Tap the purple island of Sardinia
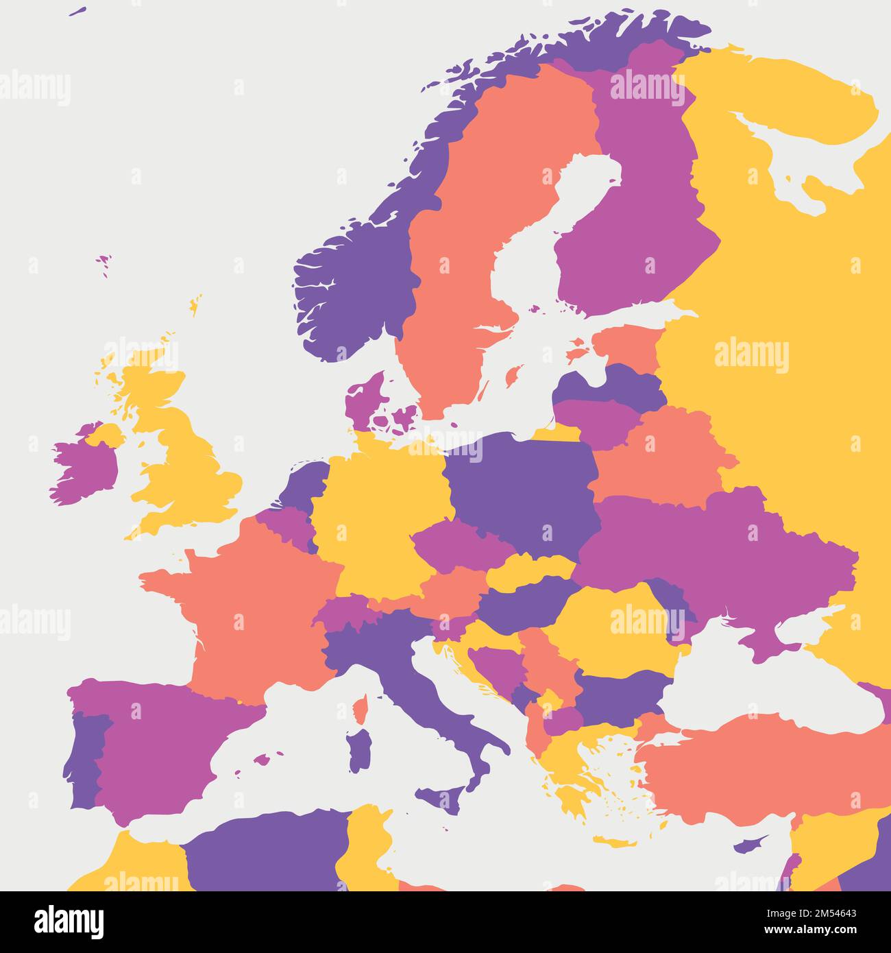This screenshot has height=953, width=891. tap(358, 751)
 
